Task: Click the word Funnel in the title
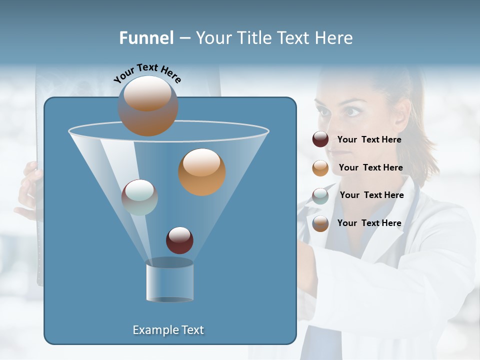(146, 38)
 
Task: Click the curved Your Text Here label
(147, 72)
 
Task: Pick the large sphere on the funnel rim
(148, 106)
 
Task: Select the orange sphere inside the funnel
(202, 172)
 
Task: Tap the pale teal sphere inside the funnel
(139, 197)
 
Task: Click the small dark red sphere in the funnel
(179, 240)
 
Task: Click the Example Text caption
(168, 330)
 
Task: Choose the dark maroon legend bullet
(320, 139)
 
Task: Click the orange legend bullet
(320, 168)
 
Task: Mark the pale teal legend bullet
(320, 195)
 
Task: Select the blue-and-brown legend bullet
(320, 223)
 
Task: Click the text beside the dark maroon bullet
(369, 140)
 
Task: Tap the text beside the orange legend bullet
(370, 168)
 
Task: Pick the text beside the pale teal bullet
(371, 195)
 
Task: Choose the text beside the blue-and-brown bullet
(369, 223)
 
